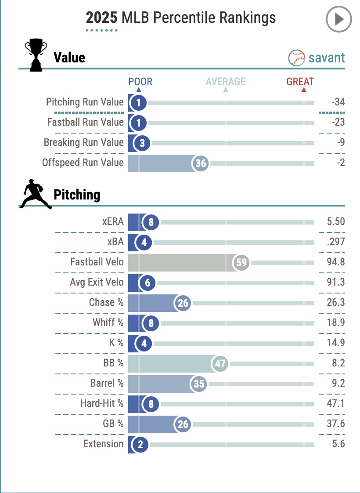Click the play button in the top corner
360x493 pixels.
(x=338, y=19)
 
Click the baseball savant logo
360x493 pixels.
(x=317, y=58)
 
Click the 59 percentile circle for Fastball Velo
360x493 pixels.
(x=241, y=263)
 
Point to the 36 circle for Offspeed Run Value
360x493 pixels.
(x=200, y=163)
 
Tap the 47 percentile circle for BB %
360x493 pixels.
(x=220, y=364)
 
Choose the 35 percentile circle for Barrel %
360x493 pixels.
(x=198, y=384)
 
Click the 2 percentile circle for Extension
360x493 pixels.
(x=140, y=444)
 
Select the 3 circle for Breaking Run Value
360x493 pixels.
(x=142, y=143)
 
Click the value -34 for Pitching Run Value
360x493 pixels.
(x=338, y=102)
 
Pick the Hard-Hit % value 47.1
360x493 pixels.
(x=336, y=404)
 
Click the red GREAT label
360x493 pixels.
(x=300, y=82)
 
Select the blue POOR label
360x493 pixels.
(x=140, y=82)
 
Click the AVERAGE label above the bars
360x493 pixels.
(x=226, y=82)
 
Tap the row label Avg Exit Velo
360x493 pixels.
(x=97, y=283)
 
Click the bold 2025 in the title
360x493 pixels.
(x=101, y=18)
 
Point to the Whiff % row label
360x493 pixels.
(x=108, y=323)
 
